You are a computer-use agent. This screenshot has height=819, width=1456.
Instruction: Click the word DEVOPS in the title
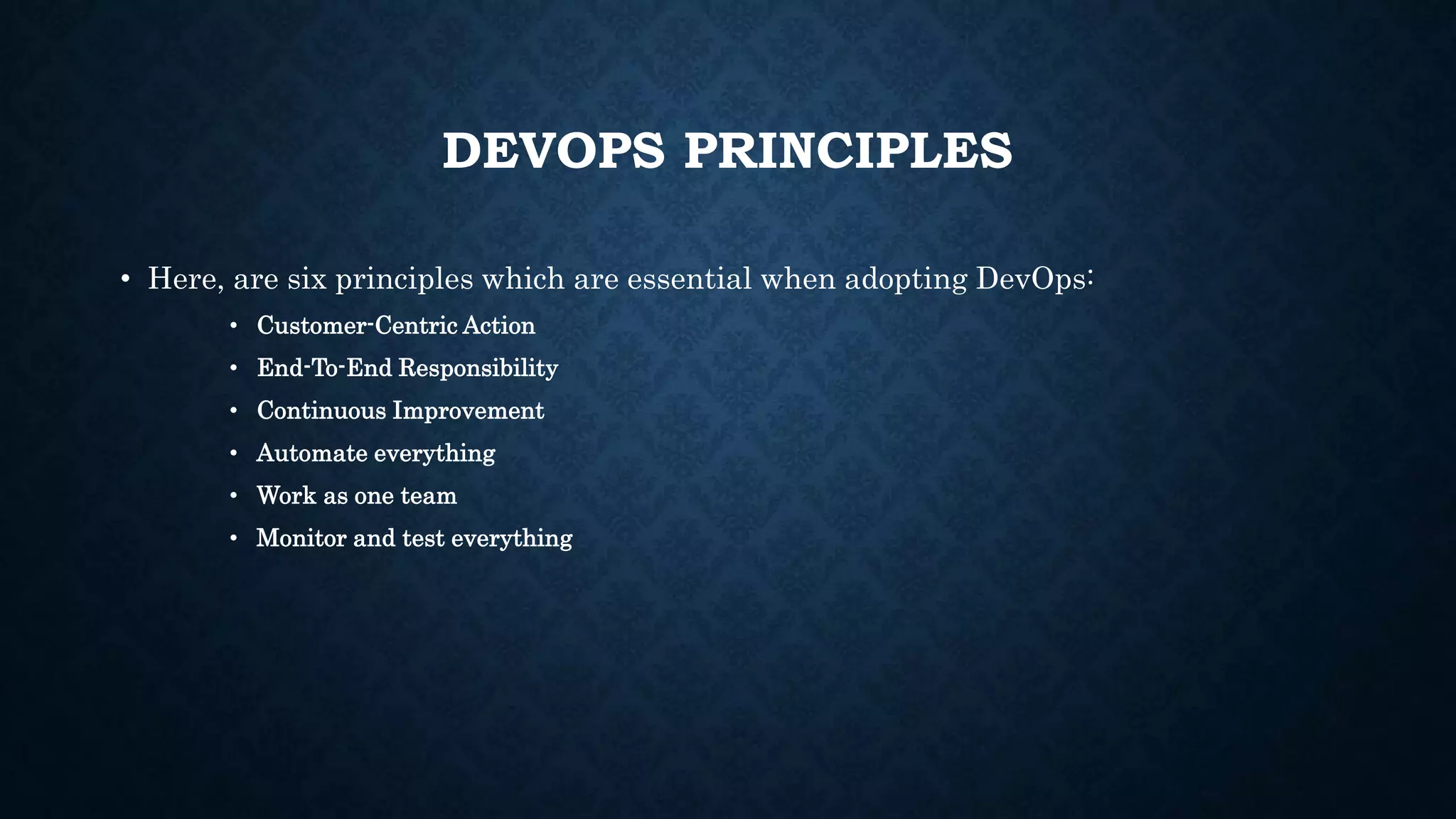point(553,151)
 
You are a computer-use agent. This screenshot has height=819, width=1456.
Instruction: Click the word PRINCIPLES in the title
point(847,151)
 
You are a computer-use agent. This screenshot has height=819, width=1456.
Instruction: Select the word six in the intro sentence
point(306,279)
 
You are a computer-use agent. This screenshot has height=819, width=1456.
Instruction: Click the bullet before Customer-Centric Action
point(233,326)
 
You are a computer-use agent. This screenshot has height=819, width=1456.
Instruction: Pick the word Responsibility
point(478,368)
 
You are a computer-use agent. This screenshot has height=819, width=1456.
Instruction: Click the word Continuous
point(321,411)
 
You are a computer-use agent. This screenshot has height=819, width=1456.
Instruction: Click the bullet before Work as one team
point(233,496)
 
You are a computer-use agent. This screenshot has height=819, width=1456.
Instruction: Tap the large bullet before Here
point(124,279)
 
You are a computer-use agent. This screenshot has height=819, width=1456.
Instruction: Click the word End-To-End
point(324,368)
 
